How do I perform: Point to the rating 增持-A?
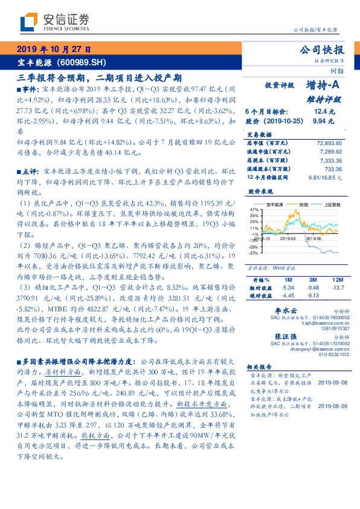point(320,86)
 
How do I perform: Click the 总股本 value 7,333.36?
point(332,161)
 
